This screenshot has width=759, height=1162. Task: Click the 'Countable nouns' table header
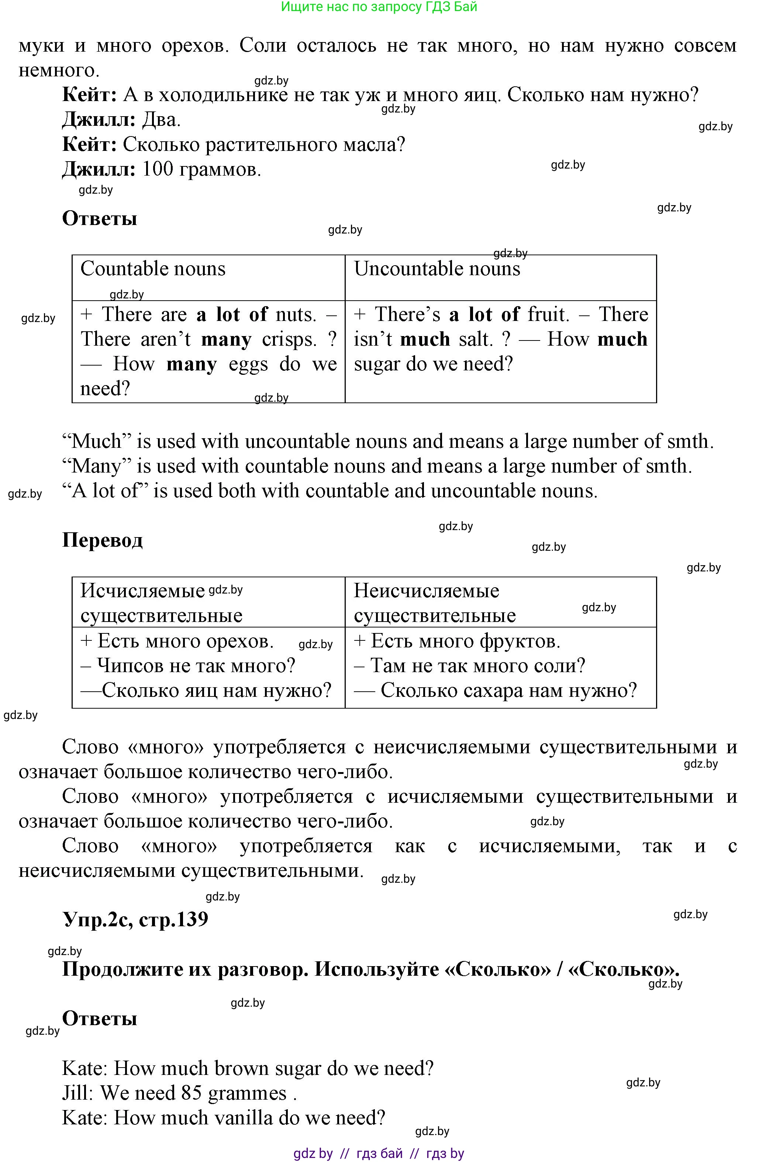(153, 269)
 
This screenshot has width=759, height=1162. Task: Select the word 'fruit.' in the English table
(549, 314)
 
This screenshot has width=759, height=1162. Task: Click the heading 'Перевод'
(103, 540)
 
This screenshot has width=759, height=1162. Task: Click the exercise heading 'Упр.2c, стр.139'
(135, 919)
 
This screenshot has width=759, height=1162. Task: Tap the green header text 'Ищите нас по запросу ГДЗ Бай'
(379, 7)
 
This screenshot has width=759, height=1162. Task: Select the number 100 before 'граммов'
(158, 169)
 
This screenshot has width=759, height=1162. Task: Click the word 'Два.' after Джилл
(161, 120)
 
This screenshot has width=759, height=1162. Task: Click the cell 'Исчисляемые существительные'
(161, 603)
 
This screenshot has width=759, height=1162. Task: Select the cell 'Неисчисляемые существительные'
(435, 603)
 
